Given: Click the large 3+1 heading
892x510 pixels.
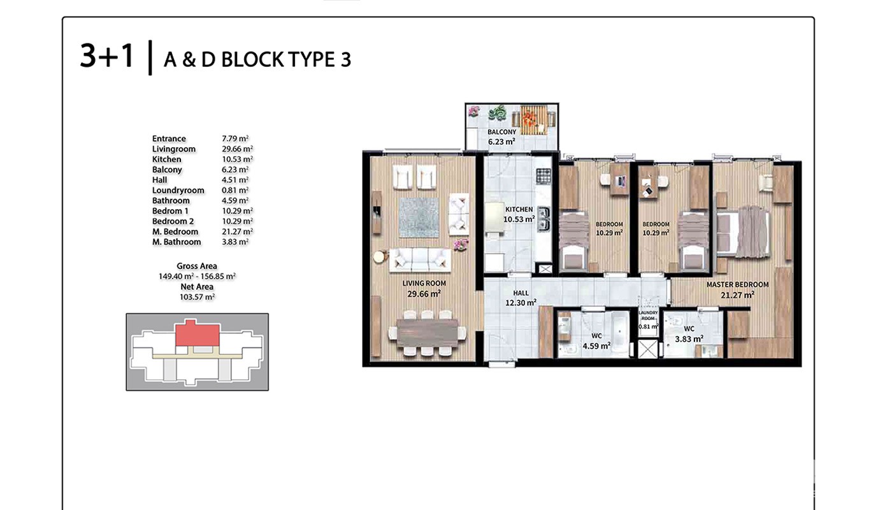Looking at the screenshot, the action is click(107, 56).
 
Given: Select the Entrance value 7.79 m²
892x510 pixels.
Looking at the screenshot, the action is click(235, 139).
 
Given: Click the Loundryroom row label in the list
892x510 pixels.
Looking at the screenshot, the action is click(178, 191).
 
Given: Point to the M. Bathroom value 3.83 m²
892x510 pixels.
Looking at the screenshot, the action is click(235, 242).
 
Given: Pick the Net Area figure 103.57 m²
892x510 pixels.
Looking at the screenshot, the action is click(197, 297).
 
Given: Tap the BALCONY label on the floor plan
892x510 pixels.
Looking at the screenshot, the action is click(502, 132).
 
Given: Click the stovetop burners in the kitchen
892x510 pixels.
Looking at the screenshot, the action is click(543, 176).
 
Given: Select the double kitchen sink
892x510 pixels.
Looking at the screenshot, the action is click(543, 219).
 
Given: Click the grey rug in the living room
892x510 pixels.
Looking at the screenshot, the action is click(419, 217).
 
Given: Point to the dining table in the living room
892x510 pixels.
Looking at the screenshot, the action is click(427, 333).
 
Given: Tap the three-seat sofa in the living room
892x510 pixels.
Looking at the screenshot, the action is click(420, 260).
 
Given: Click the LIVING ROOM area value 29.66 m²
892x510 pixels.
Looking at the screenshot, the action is click(424, 294).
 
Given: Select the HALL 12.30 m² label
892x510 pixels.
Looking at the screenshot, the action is click(521, 298).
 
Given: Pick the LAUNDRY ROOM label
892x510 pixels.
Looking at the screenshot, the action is click(649, 316).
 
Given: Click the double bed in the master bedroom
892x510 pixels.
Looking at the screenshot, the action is click(743, 232).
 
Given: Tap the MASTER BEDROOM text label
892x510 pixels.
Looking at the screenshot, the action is click(738, 284).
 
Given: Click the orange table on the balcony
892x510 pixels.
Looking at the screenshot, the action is click(534, 120).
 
